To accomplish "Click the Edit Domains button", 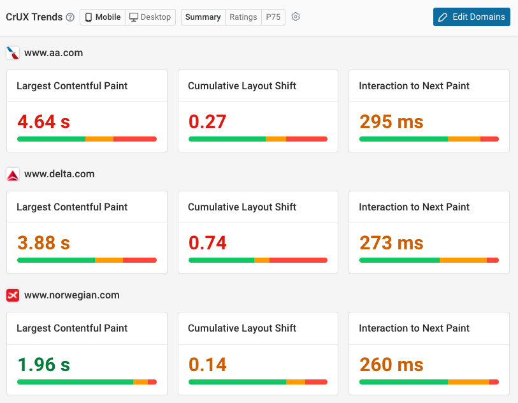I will pyautogui.click(x=471, y=17).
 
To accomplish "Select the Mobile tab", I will pyautogui.click(x=103, y=17).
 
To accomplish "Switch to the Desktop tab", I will pyautogui.click(x=150, y=17).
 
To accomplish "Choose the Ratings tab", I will pyautogui.click(x=243, y=17).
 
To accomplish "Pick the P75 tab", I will pyautogui.click(x=273, y=17).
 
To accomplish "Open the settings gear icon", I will pyautogui.click(x=296, y=17).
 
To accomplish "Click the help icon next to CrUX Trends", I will pyautogui.click(x=70, y=17).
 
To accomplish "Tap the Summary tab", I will pyautogui.click(x=203, y=17).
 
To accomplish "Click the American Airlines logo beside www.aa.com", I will pyautogui.click(x=13, y=53).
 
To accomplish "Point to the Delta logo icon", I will pyautogui.click(x=13, y=174).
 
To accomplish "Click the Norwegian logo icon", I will pyautogui.click(x=13, y=295).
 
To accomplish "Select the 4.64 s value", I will pyautogui.click(x=43, y=121).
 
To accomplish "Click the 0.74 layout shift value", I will pyautogui.click(x=208, y=243).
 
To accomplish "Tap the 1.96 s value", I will pyautogui.click(x=43, y=364).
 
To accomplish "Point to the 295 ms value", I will pyautogui.click(x=391, y=121).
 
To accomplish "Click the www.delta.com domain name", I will pyautogui.click(x=59, y=174).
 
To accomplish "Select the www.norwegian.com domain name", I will pyautogui.click(x=72, y=295).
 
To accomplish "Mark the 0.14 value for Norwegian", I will pyautogui.click(x=208, y=364).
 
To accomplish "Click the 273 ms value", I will pyautogui.click(x=391, y=243).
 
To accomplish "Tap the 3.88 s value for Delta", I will pyautogui.click(x=43, y=243).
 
